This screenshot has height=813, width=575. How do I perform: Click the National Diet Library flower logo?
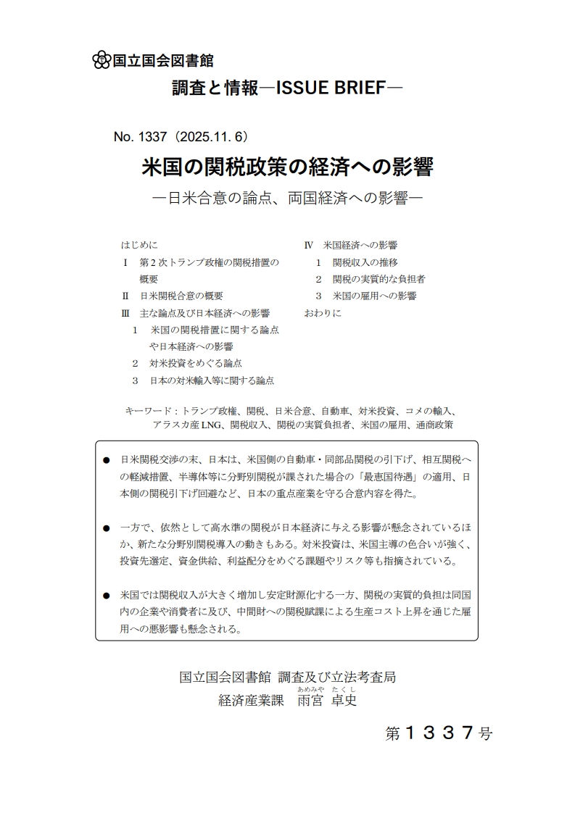click(x=102, y=60)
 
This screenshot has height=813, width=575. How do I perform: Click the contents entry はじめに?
click(x=139, y=245)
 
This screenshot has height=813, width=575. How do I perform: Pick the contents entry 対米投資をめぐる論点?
click(x=196, y=363)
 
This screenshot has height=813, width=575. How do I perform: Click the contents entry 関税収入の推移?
click(x=365, y=262)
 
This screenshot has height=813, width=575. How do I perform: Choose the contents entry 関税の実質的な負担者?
click(x=378, y=279)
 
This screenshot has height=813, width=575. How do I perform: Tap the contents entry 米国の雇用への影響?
click(x=374, y=296)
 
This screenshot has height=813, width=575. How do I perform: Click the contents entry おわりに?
click(x=323, y=313)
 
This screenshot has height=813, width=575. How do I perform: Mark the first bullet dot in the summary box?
click(x=107, y=460)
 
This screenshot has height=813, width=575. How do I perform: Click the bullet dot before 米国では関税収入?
click(x=107, y=596)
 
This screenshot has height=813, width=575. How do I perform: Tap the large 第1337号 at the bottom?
click(x=439, y=733)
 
